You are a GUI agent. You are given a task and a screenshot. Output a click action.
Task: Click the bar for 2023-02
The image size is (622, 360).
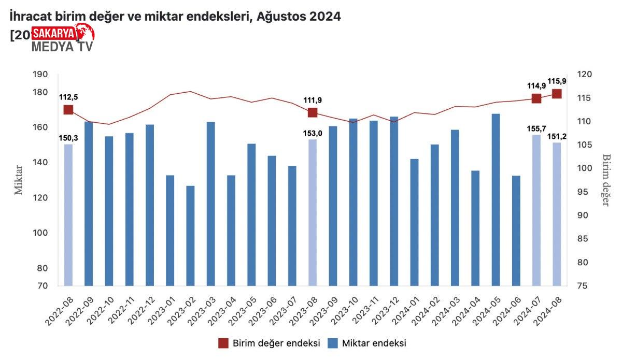click(x=191, y=236)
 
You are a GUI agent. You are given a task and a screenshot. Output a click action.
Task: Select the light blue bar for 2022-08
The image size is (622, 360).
click(x=68, y=214)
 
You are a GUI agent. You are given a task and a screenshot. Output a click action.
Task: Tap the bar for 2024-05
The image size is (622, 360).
click(x=496, y=199)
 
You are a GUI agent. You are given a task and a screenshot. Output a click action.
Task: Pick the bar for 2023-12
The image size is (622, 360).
click(x=394, y=201)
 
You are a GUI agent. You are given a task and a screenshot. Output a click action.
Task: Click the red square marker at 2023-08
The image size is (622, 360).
click(x=313, y=113)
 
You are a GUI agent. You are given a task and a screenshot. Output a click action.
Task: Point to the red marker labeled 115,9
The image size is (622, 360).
click(x=557, y=94)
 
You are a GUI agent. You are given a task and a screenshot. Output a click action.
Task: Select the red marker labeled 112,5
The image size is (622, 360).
click(x=68, y=110)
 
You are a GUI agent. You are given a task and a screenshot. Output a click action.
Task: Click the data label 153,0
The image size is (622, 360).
click(x=313, y=133)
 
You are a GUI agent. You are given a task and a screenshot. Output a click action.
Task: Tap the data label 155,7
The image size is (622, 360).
click(x=536, y=128)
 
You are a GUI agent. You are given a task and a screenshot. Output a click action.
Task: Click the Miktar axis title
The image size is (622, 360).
click(x=19, y=180)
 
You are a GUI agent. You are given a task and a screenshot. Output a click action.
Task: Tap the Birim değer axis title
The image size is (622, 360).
click(x=605, y=180)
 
